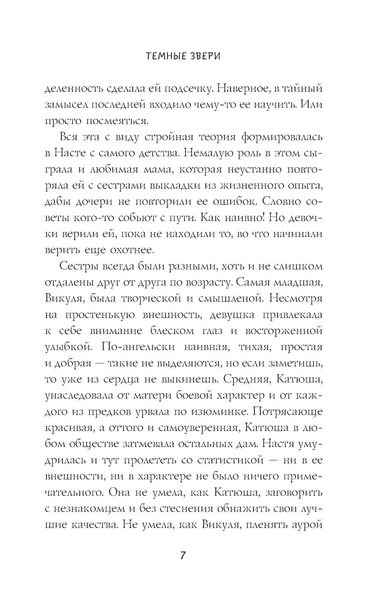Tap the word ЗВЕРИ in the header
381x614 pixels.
(203, 56)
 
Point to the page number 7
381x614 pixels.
(183, 556)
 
